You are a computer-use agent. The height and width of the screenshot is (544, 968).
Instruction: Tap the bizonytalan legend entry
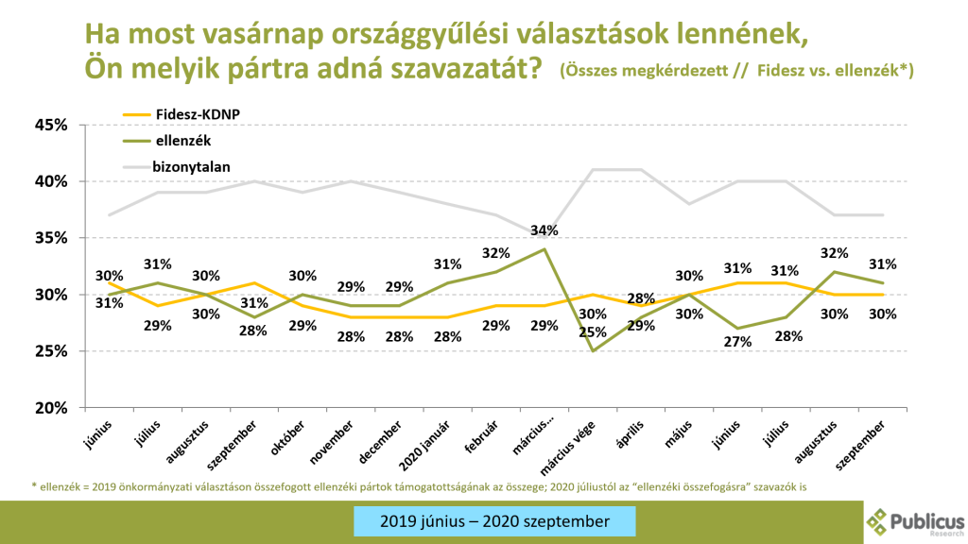pyautogui.click(x=191, y=166)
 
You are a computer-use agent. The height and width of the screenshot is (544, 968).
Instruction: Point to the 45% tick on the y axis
pyautogui.click(x=51, y=125)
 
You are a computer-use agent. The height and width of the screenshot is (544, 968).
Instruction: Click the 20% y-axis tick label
pyautogui.click(x=51, y=408)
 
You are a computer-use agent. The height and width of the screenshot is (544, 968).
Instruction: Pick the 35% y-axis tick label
pyautogui.click(x=51, y=238)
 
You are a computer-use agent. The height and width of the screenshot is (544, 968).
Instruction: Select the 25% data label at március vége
pyautogui.click(x=593, y=331)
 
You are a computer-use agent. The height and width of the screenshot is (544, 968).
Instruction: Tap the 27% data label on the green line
pyautogui.click(x=739, y=342)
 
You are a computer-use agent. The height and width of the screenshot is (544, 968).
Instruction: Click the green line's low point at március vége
pyautogui.click(x=593, y=351)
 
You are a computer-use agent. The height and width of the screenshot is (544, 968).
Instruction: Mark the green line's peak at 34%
pyautogui.click(x=544, y=249)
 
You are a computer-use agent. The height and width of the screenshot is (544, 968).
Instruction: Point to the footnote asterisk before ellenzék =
pyautogui.click(x=33, y=486)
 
